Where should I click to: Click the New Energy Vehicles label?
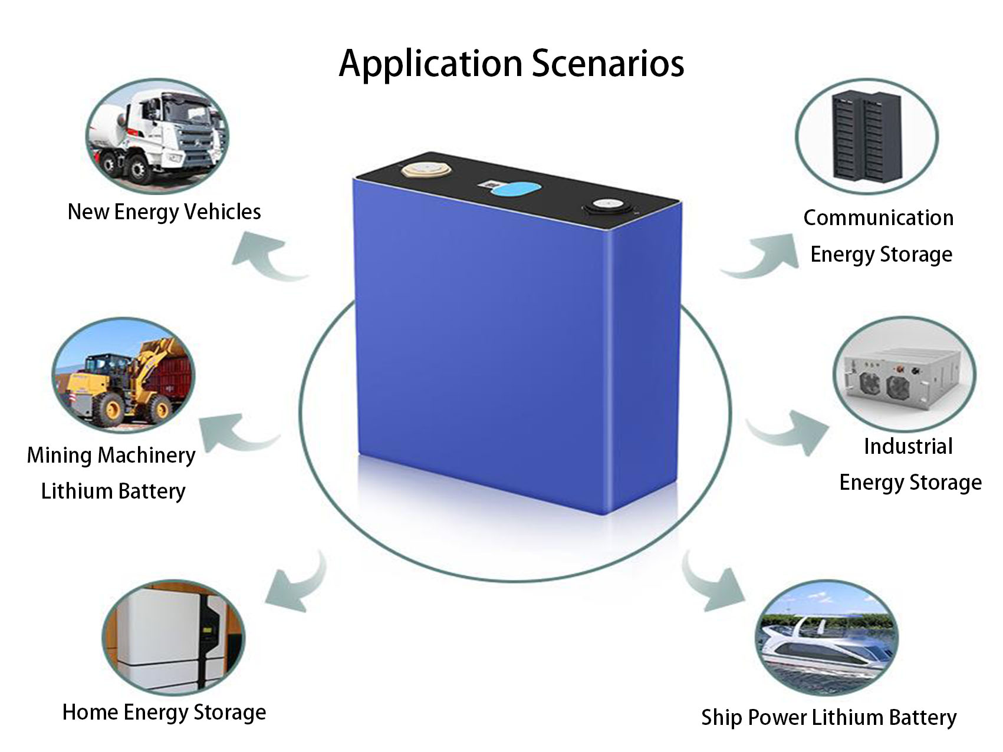[x=164, y=212]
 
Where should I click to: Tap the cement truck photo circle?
[x=157, y=137]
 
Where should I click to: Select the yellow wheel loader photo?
[x=123, y=378]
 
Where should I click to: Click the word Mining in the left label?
[x=59, y=456]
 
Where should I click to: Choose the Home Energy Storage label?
[x=164, y=712]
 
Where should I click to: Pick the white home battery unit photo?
[x=173, y=637]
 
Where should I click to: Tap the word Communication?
[x=879, y=217]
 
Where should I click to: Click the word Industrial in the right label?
[x=908, y=446]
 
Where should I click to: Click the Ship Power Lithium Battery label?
[x=828, y=717]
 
